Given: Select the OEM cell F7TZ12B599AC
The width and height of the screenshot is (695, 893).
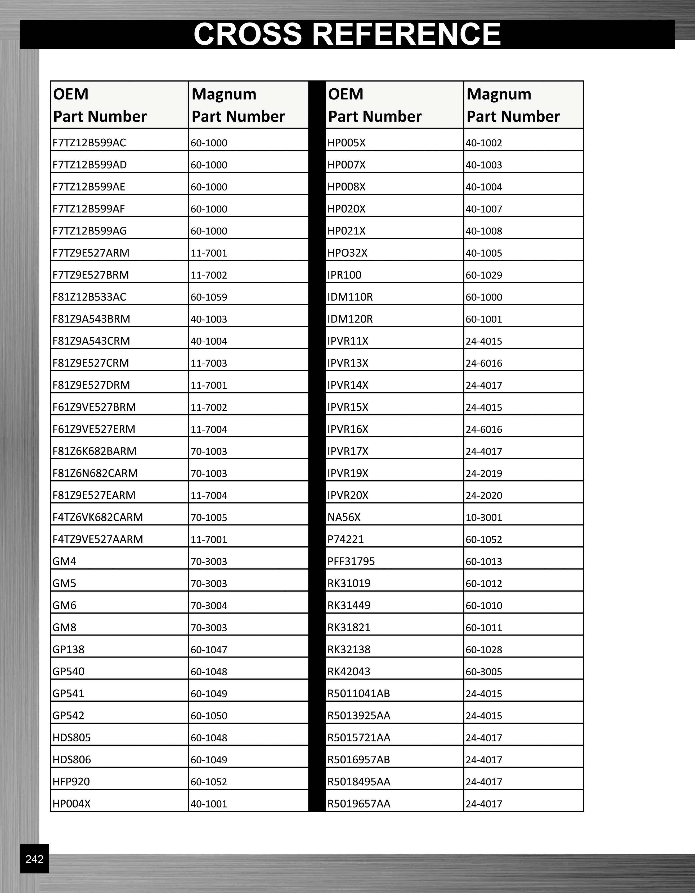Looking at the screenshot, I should tap(89, 143).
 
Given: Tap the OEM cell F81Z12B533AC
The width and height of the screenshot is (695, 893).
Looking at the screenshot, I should tap(89, 297).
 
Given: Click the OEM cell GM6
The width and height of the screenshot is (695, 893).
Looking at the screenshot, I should tap(64, 605).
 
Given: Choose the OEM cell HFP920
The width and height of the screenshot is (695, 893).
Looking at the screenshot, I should tap(71, 781).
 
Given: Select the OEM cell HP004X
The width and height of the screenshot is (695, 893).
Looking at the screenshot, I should tap(71, 804).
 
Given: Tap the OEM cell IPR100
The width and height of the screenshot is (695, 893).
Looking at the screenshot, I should tap(344, 275).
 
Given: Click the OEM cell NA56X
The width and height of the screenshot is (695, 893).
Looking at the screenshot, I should tap(344, 517).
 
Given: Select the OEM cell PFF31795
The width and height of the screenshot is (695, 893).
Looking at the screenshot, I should tap(351, 561).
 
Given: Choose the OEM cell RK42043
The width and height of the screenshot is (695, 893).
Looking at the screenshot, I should tap(349, 671).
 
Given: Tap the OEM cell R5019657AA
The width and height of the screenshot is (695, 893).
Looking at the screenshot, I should tap(359, 804).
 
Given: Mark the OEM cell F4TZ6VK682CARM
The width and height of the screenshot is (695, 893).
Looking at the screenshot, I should tap(98, 517).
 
